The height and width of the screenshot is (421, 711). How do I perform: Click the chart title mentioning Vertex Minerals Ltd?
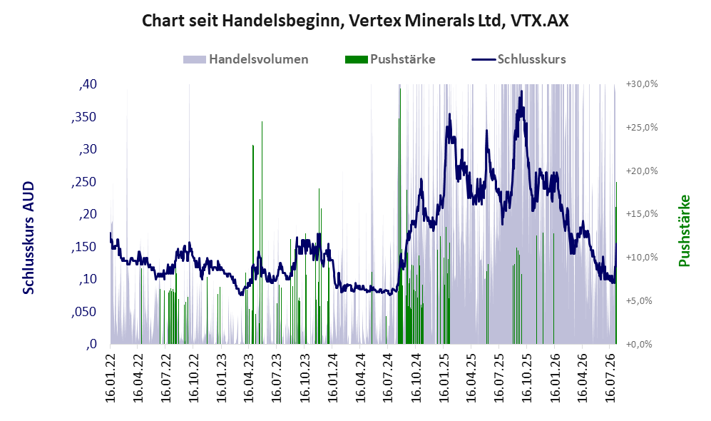click(x=355, y=21)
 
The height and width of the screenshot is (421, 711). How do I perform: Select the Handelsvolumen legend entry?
click(x=246, y=59)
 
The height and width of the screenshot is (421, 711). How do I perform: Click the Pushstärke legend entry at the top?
click(x=390, y=59)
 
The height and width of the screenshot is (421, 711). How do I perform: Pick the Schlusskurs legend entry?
click(x=518, y=59)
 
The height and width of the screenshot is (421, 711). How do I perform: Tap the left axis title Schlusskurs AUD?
click(x=29, y=238)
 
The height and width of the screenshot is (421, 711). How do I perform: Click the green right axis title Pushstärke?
click(x=684, y=230)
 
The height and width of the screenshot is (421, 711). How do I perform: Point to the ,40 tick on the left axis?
click(x=88, y=84)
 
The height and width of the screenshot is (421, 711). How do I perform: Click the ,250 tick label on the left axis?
click(x=84, y=182)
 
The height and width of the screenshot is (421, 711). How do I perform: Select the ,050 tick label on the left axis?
click(x=84, y=312)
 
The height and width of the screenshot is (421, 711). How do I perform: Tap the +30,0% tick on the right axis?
click(x=642, y=84)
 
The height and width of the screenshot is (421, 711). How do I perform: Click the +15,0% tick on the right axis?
click(x=642, y=214)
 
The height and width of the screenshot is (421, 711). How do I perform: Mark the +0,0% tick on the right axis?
click(x=639, y=345)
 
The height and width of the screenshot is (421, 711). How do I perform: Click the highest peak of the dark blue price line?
click(x=522, y=91)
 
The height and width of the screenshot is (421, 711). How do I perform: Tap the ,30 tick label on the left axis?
click(x=88, y=149)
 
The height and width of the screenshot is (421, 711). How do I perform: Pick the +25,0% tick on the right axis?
click(x=642, y=128)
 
